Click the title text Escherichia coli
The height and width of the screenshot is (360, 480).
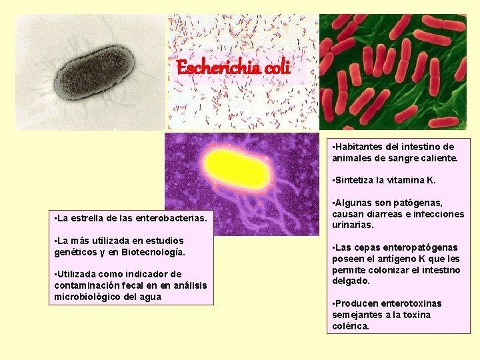pyautogui.click(x=233, y=68)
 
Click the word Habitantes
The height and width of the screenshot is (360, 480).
pyautogui.click(x=361, y=147)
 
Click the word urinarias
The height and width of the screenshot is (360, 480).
pyautogui.click(x=354, y=225)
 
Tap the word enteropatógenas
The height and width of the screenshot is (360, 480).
pyautogui.click(x=420, y=247)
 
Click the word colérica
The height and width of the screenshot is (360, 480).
pyautogui.click(x=350, y=326)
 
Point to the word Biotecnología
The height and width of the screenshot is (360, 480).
pyautogui.click(x=153, y=252)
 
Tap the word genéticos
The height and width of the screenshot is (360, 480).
pyautogui.click(x=77, y=252)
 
